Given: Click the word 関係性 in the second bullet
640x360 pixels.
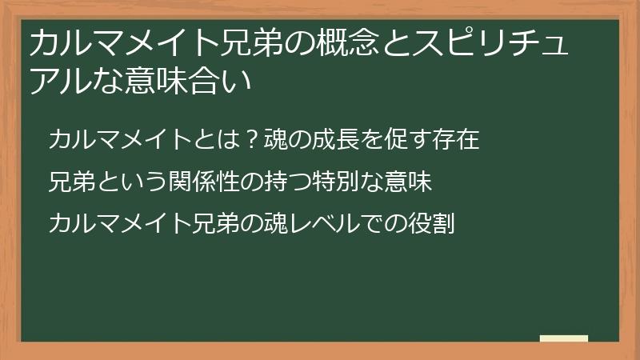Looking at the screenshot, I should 202,182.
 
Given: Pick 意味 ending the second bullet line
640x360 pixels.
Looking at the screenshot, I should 410,182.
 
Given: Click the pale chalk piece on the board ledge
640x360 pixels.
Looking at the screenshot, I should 564,338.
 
